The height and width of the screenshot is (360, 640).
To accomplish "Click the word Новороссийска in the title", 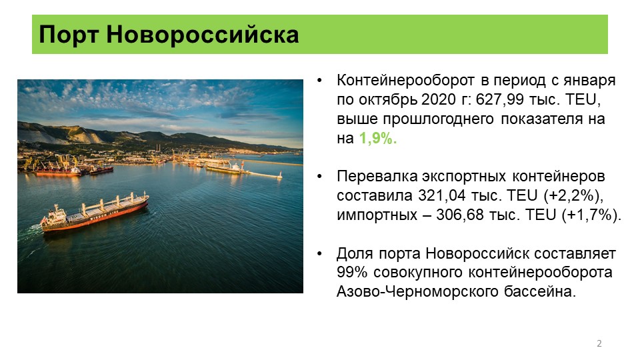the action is (x=203, y=34).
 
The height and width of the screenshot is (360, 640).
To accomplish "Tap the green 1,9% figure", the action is (x=378, y=139).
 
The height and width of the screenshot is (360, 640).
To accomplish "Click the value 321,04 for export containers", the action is (x=441, y=195).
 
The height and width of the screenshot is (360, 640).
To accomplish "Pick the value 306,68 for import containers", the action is (x=460, y=215).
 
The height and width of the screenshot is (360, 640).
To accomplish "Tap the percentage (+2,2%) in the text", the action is (x=573, y=196).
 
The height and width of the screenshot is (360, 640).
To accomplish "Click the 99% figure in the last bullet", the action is (x=352, y=272).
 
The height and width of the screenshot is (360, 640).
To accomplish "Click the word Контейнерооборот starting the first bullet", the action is (x=406, y=81).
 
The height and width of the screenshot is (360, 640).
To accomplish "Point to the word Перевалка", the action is (x=377, y=177).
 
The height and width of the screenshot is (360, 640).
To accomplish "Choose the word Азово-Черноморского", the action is (x=417, y=292).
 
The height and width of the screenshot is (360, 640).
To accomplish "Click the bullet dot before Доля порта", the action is (x=319, y=253).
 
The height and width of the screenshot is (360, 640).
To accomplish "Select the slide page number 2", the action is (x=599, y=343).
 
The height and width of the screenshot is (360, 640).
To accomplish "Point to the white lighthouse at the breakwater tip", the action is (x=280, y=175).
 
